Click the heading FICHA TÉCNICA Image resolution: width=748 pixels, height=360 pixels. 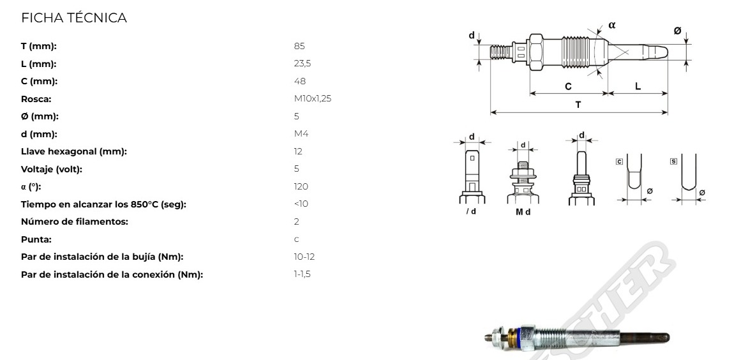[74, 18]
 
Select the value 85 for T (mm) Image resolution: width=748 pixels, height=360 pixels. [299, 46]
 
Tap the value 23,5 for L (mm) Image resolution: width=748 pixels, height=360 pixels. [303, 64]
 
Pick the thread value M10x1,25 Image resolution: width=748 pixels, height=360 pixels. [313, 99]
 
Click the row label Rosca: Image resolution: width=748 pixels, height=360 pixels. [36, 99]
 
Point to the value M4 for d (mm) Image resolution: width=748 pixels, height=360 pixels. [301, 134]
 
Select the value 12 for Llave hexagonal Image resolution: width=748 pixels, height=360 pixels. [298, 152]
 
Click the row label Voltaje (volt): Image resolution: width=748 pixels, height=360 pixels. [52, 169]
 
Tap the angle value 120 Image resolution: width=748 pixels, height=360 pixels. [301, 186]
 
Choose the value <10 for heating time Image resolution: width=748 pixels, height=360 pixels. [301, 204]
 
